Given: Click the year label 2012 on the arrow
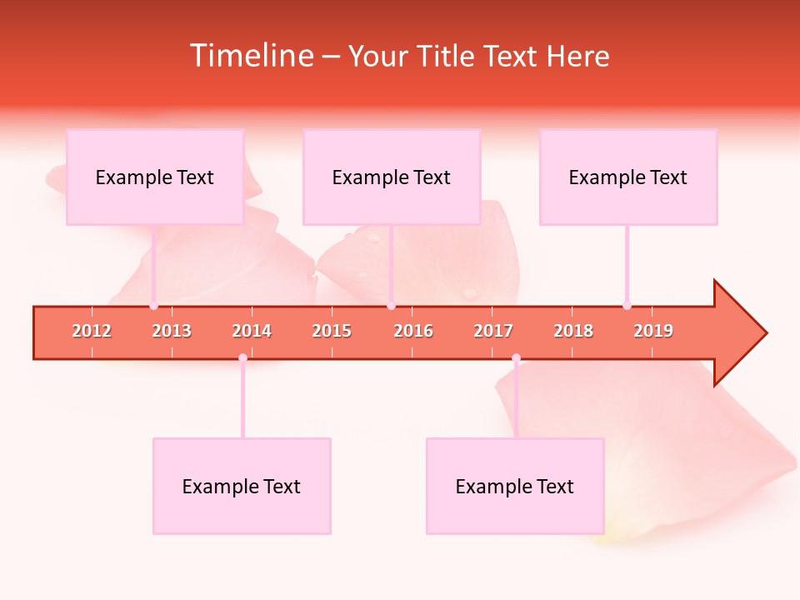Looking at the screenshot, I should click(92, 331).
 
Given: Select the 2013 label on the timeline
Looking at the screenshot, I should click(172, 331).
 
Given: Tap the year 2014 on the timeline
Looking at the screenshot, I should click(252, 331).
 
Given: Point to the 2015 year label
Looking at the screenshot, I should click(332, 331).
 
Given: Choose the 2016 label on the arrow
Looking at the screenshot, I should click(413, 331).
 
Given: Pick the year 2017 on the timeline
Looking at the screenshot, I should click(493, 331).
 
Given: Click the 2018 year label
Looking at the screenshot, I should click(573, 331).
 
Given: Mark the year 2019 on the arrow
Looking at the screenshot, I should click(653, 331).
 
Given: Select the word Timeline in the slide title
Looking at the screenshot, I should click(250, 56).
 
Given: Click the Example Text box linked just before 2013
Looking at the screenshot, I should click(155, 177).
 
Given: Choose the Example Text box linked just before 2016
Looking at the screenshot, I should click(392, 177).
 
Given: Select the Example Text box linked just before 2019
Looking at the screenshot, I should click(628, 177).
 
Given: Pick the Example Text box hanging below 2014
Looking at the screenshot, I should click(242, 486).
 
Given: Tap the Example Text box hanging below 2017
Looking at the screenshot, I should click(515, 486).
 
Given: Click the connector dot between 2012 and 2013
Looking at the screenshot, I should click(153, 306).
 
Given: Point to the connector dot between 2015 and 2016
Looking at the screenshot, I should click(391, 306).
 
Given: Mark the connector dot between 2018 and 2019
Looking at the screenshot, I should click(627, 306).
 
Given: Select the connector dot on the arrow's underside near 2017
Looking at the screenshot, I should click(516, 358).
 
